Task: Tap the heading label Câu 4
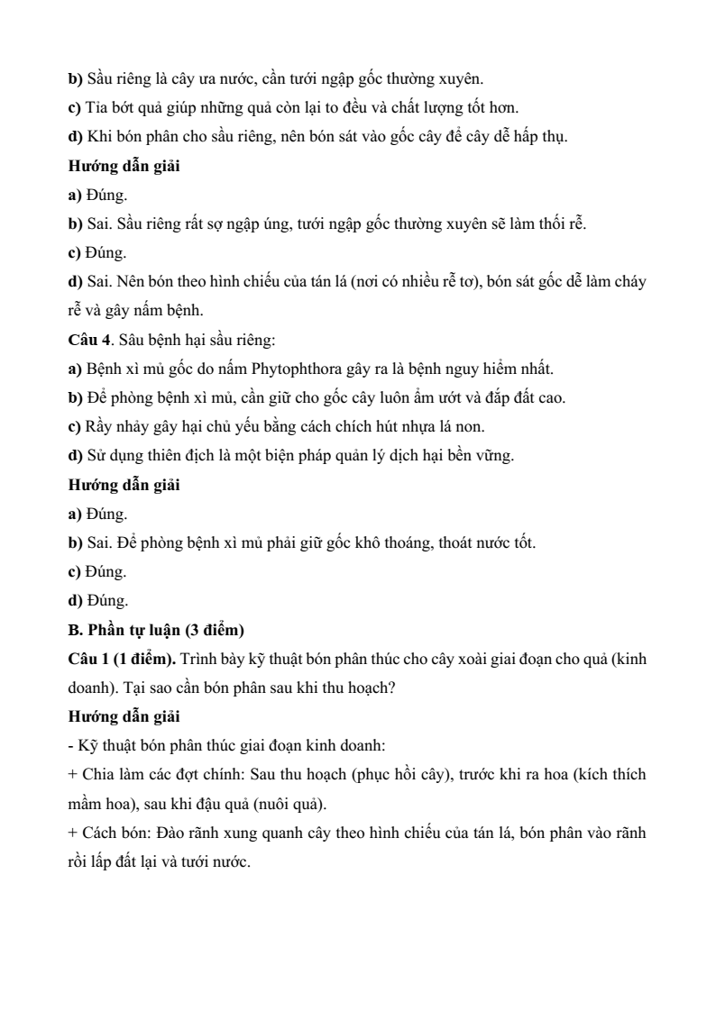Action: (x=87, y=341)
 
